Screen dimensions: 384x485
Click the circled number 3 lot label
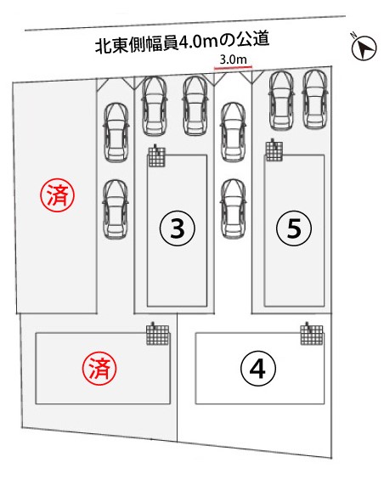(x=177, y=228)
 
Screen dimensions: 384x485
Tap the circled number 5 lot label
(x=294, y=228)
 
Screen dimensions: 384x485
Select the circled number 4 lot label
(x=257, y=369)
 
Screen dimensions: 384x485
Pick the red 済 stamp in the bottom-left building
(x=99, y=369)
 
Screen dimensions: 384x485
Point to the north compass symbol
(x=364, y=47)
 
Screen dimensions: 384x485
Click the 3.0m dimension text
(x=233, y=59)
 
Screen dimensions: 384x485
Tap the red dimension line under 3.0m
(x=233, y=66)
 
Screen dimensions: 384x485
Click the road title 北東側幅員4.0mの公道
(x=182, y=43)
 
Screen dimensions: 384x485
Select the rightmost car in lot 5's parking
(x=315, y=99)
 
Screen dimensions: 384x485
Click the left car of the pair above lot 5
(x=281, y=100)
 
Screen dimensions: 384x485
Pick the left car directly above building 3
(x=154, y=106)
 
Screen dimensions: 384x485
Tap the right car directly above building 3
(x=195, y=106)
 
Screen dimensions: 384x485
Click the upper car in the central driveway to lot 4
(x=234, y=132)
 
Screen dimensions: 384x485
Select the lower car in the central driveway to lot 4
(x=234, y=209)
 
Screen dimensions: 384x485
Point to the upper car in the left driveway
(x=116, y=133)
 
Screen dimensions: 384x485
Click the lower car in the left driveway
(x=116, y=210)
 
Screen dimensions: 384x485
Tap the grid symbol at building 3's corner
(x=156, y=156)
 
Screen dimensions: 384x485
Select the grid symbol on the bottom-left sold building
(x=158, y=334)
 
